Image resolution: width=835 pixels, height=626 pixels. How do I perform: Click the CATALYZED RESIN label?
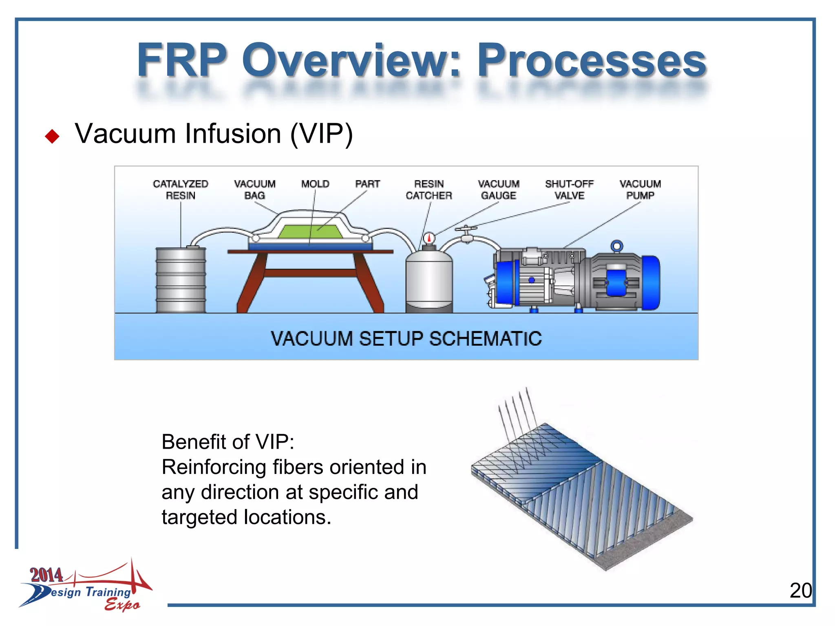[x=181, y=190]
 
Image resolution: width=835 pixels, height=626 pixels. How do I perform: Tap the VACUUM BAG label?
[x=254, y=190]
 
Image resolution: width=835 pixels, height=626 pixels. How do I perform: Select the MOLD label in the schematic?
[x=315, y=184]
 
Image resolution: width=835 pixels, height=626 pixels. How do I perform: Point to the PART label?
[x=367, y=184]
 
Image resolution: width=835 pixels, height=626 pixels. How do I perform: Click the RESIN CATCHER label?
[x=429, y=190]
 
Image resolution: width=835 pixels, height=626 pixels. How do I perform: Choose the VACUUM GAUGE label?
[x=499, y=190]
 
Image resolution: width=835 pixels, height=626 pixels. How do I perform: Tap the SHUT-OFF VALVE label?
[x=569, y=190]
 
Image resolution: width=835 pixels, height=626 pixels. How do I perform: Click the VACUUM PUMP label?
[x=640, y=190]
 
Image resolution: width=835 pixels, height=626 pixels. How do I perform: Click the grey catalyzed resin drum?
[x=181, y=280]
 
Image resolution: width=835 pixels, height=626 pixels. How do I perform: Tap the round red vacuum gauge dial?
[x=429, y=238]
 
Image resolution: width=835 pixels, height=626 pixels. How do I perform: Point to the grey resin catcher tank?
[x=429, y=281]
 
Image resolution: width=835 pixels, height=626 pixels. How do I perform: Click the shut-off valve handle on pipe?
[x=466, y=229]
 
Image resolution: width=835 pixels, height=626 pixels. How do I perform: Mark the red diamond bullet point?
[x=52, y=136]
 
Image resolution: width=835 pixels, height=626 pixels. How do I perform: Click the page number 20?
[x=800, y=591]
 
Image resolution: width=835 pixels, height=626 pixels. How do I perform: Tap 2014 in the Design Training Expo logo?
[x=46, y=575]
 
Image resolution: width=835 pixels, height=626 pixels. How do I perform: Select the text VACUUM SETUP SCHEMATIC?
[x=406, y=339]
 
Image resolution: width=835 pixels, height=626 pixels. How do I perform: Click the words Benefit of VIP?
[x=228, y=442]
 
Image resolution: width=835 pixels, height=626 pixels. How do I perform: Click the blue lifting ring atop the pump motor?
[x=617, y=246]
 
